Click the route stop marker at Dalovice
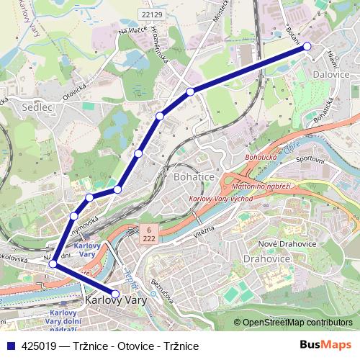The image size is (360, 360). pos(307,46)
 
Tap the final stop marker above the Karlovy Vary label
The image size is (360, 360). pos(115,293)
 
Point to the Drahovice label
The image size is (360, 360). pos(266,257)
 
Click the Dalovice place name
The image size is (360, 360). pos(330,73)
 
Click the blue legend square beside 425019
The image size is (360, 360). pos(9,346)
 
